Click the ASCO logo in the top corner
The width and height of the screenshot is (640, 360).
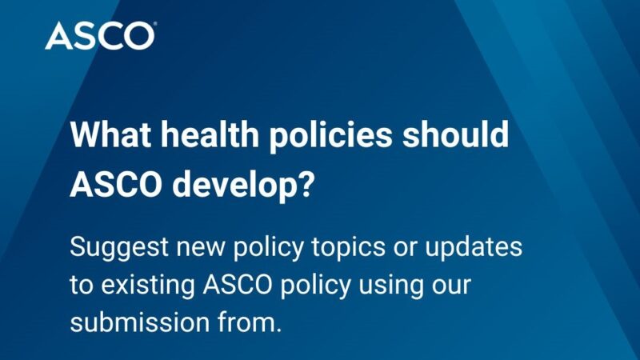coord(100,35)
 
